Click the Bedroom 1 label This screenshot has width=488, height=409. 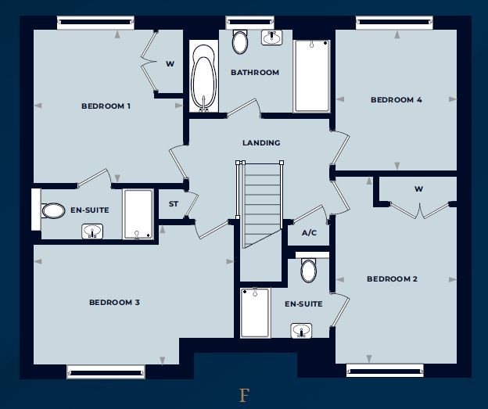pos(106,106)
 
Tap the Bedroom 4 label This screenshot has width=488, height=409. pos(396,100)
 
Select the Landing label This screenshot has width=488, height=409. pos(261,143)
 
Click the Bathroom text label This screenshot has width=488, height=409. pos(255,73)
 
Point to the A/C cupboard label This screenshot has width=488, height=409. pos(309,233)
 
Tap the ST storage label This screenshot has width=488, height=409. pos(174,204)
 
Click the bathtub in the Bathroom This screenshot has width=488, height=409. pos(204,77)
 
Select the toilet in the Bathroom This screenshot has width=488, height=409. pos(239,42)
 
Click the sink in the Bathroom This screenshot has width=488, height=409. pos(271,38)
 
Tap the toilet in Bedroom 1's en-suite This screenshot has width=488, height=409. pos(52,210)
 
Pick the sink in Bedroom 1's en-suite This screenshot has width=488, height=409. pos(92,231)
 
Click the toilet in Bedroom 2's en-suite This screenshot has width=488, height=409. pos(308,270)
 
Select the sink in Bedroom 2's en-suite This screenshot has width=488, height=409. pos(301,331)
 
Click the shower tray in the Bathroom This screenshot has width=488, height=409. pos(312,76)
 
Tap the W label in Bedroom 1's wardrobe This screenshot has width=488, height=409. pos(170,64)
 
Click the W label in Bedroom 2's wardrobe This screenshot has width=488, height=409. pos(418,189)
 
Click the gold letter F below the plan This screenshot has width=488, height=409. pos(245,395)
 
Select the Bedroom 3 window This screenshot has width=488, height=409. pos(106,372)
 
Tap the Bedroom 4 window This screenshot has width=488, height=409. pos(394,22)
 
